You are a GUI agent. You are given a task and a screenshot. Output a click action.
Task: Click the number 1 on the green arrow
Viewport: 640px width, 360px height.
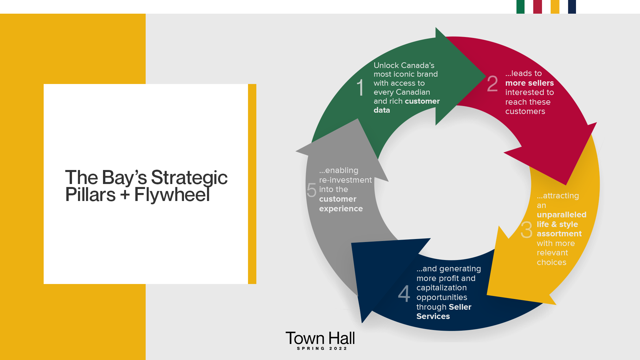[360, 87]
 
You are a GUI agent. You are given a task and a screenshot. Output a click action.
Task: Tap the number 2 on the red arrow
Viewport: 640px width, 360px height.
[492, 83]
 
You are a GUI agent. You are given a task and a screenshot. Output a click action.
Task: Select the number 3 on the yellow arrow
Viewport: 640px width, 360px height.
[527, 230]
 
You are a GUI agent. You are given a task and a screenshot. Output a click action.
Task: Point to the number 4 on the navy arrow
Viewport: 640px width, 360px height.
[404, 293]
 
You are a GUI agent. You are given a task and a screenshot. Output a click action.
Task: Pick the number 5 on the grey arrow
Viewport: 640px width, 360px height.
[311, 190]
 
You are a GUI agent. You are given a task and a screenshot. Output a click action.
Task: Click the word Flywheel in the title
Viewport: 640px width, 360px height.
[172, 195]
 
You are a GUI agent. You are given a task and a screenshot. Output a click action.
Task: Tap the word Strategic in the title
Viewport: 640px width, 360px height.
[189, 177]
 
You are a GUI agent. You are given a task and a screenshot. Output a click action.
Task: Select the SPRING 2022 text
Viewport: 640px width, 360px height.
[322, 348]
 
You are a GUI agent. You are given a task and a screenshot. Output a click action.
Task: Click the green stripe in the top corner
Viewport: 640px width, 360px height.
[520, 7]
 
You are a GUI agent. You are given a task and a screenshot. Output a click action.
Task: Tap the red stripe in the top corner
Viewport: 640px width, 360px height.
[537, 7]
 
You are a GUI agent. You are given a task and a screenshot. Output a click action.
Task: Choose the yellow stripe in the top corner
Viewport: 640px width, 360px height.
[555, 7]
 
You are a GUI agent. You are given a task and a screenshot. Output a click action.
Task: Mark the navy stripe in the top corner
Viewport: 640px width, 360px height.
[572, 7]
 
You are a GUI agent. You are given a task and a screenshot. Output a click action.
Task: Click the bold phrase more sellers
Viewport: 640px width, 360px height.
[529, 83]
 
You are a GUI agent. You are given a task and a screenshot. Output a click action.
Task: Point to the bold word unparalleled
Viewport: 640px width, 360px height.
[561, 215]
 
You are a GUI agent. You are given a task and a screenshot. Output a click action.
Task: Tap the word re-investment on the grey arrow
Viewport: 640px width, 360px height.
[345, 180]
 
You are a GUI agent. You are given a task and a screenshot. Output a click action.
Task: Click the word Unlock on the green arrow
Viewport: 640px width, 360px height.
[386, 65]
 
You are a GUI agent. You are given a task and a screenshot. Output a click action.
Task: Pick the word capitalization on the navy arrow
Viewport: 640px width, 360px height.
[441, 288]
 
